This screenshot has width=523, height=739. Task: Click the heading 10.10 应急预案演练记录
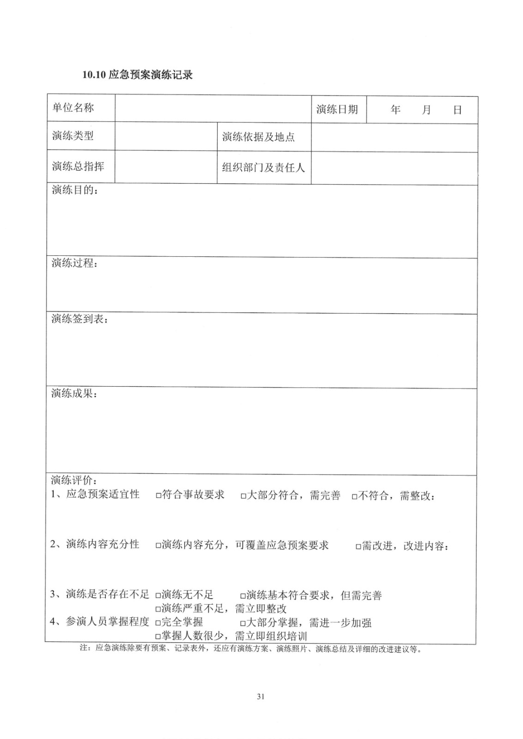click(137, 75)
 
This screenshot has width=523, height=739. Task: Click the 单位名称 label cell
click(73, 108)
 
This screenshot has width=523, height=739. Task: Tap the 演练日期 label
click(337, 109)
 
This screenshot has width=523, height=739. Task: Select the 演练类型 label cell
click(73, 136)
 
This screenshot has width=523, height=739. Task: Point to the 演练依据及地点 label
click(258, 137)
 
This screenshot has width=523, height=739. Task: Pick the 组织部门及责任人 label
click(263, 168)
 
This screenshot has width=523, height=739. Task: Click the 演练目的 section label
click(74, 190)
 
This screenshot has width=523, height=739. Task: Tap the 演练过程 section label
click(74, 263)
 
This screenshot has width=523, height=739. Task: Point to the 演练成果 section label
click(74, 394)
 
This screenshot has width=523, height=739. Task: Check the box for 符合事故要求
click(158, 496)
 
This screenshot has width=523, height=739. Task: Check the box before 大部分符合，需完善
click(243, 496)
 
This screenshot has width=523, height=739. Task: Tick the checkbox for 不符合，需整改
click(354, 497)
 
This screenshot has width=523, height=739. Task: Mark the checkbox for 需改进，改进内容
click(358, 547)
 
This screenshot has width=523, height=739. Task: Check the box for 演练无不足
click(158, 595)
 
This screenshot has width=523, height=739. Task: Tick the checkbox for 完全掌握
click(158, 623)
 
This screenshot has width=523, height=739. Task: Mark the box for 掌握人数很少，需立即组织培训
click(158, 637)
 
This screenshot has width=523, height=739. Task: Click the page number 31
click(260, 696)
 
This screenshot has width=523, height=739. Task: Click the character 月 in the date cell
click(426, 110)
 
